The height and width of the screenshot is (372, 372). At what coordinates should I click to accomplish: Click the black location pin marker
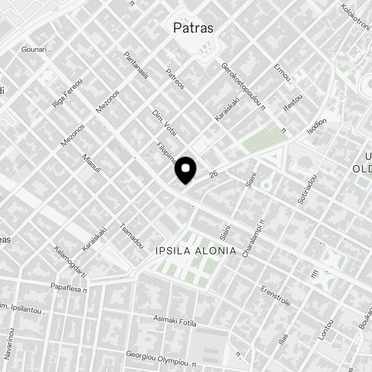[x=185, y=170]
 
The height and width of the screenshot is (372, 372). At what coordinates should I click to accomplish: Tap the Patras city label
[x=193, y=28]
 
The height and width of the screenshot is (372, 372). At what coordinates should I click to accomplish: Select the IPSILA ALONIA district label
[x=196, y=251]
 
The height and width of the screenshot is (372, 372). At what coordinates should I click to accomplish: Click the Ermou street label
[x=282, y=73]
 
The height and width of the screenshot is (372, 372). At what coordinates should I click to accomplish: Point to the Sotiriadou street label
[x=307, y=189]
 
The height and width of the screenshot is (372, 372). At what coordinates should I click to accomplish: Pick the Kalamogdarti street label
[x=70, y=262]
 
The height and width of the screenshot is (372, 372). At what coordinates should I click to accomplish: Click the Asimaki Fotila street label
[x=175, y=321]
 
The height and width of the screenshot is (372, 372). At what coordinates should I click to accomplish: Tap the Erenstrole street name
[x=276, y=296]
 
